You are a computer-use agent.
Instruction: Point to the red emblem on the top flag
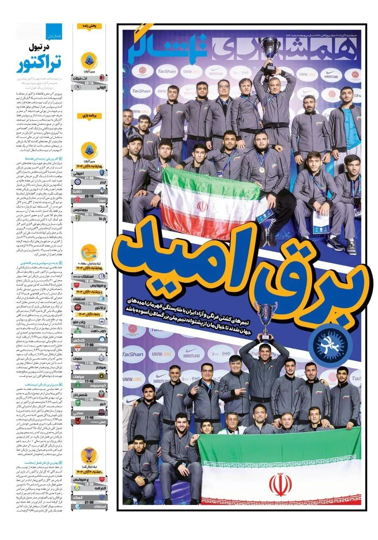(202, 207)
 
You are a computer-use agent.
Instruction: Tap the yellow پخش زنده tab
(89, 26)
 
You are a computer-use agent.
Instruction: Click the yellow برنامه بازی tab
(89, 115)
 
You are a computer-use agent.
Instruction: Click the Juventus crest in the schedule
(102, 210)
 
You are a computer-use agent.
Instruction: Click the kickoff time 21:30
(89, 502)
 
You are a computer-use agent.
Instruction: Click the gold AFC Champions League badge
(89, 456)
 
